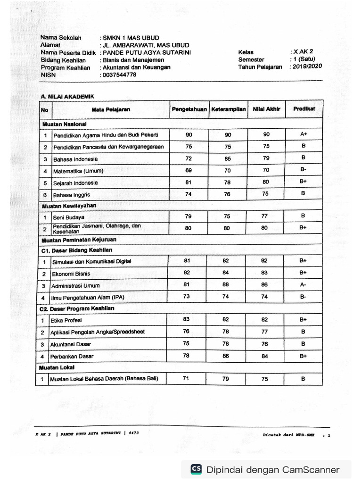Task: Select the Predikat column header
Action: click(304, 108)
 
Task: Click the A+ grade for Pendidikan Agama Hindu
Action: click(304, 134)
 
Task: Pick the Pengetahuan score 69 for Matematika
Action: click(189, 170)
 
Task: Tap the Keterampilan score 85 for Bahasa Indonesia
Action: click(227, 158)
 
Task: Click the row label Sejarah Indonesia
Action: click(75, 183)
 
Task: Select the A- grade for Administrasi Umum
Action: click(303, 285)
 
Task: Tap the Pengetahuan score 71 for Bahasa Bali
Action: click(186, 378)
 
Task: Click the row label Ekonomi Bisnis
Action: click(71, 274)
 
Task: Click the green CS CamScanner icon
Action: click(196, 469)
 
